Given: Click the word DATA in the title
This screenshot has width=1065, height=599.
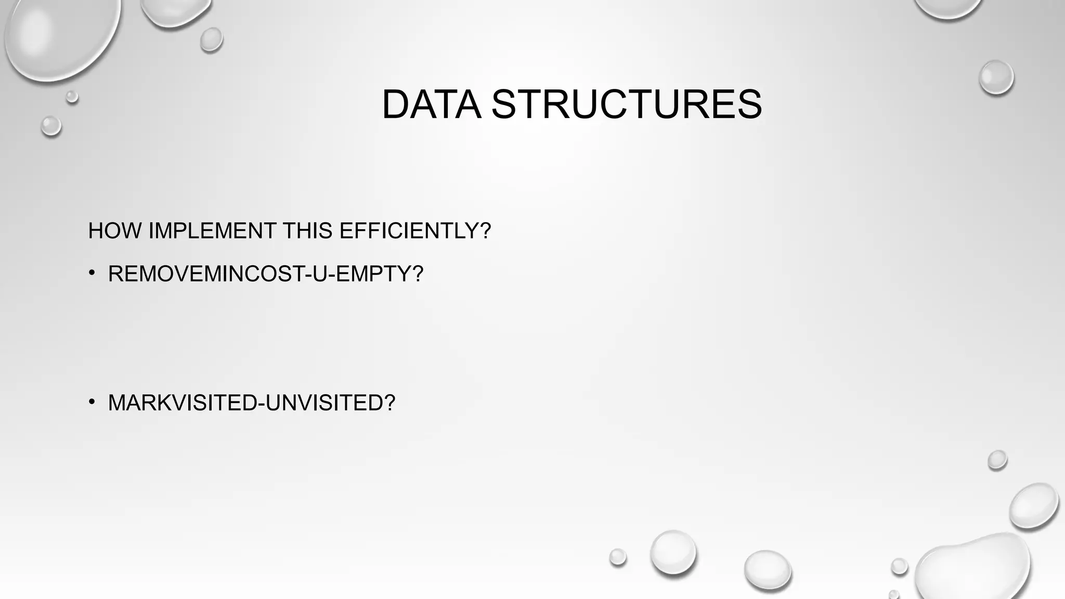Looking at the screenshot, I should [431, 105].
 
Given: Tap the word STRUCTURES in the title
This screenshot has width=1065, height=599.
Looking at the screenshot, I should [626, 105].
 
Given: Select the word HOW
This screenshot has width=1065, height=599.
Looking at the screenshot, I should [115, 231].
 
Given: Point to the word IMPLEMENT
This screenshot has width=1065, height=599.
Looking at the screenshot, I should [212, 231].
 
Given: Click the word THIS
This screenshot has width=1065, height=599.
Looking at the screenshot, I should [308, 231].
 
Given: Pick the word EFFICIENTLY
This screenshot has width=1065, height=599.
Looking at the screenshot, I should [409, 231].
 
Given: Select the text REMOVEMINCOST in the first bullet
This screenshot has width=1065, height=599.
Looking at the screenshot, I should [205, 274].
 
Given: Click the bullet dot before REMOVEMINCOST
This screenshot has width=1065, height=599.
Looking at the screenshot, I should [92, 273].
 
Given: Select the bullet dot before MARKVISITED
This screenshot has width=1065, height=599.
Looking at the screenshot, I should [92, 402].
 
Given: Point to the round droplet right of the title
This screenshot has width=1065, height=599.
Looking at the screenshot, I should [996, 77].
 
